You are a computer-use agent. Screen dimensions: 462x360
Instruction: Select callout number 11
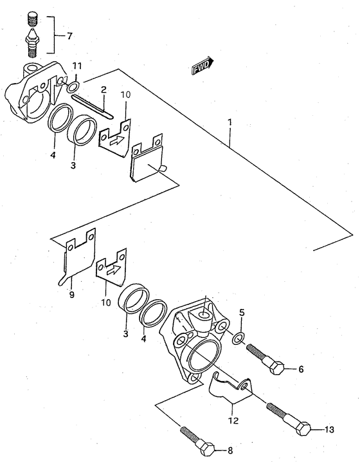(77, 66)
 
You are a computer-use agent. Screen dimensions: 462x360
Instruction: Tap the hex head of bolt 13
(305, 428)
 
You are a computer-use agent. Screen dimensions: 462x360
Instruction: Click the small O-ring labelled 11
(75, 86)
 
